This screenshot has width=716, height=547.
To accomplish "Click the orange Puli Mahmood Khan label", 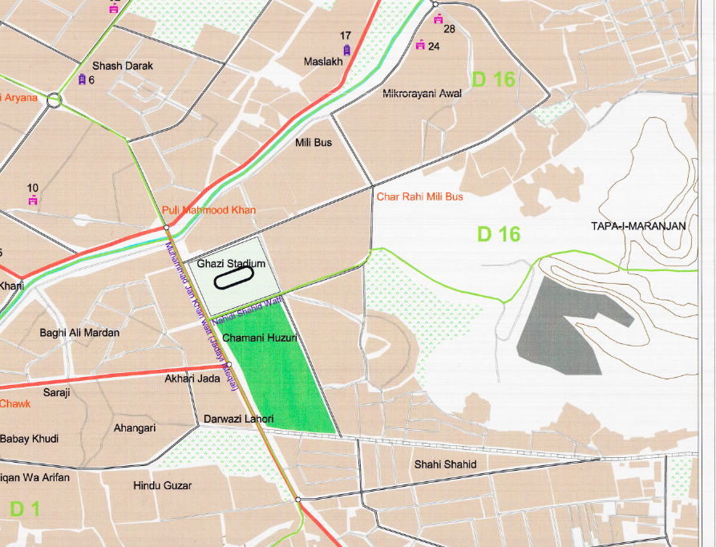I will [x=208, y=210].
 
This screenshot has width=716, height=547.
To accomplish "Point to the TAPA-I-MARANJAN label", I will [x=638, y=226].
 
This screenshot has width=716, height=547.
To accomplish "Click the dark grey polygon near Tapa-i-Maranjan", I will [x=561, y=325].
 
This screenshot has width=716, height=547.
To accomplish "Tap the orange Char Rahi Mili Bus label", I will [x=419, y=197].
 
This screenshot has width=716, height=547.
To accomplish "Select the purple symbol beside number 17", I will [x=346, y=50].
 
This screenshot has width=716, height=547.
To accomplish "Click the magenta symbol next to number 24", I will [x=420, y=46].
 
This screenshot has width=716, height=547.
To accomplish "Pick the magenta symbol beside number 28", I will [x=438, y=18].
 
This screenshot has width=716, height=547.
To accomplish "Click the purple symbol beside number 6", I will [x=81, y=79].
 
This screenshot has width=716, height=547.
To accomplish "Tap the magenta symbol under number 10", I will [x=33, y=201].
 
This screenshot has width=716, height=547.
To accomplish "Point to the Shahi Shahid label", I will [x=445, y=464].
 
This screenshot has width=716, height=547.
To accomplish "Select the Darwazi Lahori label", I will [x=239, y=419].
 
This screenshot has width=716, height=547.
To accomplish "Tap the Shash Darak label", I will [x=123, y=66].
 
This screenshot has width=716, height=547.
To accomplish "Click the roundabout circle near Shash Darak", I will [x=54, y=100].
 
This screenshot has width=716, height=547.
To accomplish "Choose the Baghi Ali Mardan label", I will [x=79, y=333].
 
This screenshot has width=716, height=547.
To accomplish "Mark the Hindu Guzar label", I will [x=164, y=485].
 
